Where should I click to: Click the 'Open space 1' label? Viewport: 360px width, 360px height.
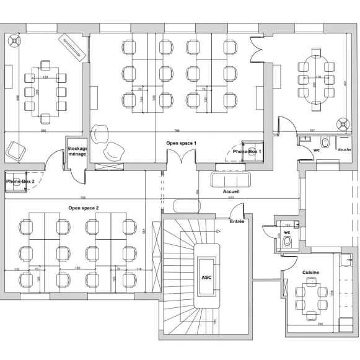[181, 143]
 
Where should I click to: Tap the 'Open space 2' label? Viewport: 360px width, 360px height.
[83, 208]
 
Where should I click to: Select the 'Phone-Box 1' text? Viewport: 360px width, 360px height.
[247, 151]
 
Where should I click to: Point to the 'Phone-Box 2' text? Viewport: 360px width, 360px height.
[20, 181]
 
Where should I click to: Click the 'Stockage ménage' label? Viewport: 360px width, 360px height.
[77, 151]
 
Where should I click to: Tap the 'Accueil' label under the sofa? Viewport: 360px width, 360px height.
[231, 191]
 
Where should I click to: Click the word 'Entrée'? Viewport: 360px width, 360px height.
[237, 221]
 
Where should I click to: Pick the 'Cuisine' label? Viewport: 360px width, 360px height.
[311, 273]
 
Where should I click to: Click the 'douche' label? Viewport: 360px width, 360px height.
[344, 149]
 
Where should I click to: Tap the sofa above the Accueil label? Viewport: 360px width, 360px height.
[230, 179]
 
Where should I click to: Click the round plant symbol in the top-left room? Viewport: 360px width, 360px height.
[14, 42]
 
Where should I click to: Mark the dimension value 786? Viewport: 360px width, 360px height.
[177, 131]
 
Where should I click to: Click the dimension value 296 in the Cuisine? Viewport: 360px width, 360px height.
[320, 324]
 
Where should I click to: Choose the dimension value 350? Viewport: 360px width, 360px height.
[43, 131]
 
